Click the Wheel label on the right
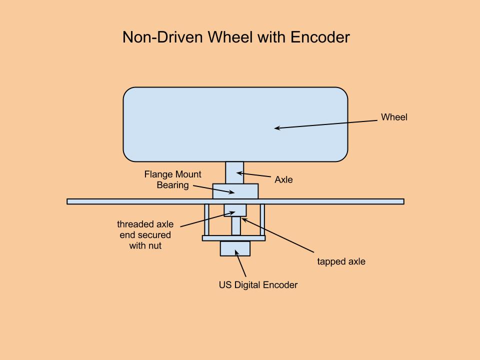pos(394,117)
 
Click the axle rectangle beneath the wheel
pos(234,172)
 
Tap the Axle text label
pos(283,179)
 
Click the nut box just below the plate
pos(234,210)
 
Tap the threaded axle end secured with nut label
pos(145,235)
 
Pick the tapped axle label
pos(341,261)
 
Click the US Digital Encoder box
pos(235,248)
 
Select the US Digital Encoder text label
pos(258,285)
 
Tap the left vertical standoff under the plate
pos(206,220)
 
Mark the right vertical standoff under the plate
pos(262,220)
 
